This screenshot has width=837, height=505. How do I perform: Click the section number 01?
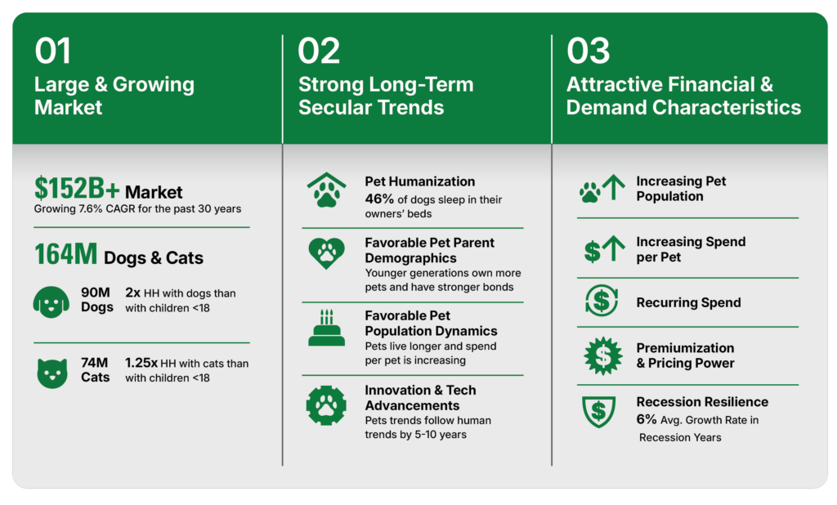[x=52, y=51]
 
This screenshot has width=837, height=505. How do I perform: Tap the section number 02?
[x=319, y=51]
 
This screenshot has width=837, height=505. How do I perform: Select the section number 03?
[x=588, y=51]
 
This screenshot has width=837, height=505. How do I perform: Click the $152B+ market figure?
[x=77, y=188]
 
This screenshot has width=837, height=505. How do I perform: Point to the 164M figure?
[x=65, y=254]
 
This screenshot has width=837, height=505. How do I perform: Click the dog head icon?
[x=51, y=302]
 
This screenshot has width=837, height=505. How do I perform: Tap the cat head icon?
[x=52, y=373]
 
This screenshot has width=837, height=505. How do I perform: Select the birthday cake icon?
[x=327, y=328]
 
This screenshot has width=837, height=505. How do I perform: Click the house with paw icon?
[x=327, y=190]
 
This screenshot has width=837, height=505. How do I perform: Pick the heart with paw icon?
[x=327, y=253]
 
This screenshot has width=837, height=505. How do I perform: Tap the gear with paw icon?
[x=326, y=405]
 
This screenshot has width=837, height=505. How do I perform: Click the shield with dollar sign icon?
[x=598, y=412]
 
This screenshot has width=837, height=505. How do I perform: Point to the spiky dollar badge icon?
[x=602, y=355]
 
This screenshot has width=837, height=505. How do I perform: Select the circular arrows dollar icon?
[x=602, y=301]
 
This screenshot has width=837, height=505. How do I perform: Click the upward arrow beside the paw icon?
[x=614, y=187]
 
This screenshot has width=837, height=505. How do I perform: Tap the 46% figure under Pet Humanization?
[x=379, y=199]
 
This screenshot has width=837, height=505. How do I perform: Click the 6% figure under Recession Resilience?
[x=646, y=419]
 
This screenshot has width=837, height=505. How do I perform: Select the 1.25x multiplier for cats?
[x=141, y=363]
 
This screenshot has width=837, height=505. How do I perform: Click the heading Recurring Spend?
[x=688, y=302]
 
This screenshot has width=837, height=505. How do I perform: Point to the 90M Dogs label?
[x=96, y=299]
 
